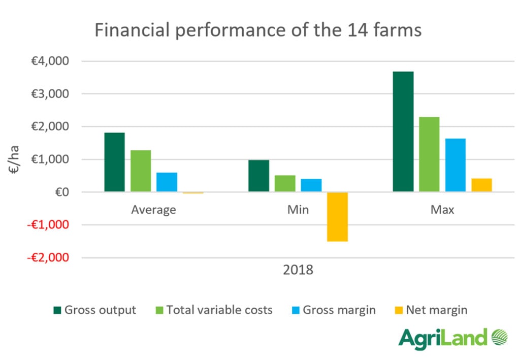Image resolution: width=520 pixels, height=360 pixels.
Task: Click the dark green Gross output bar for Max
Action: coord(403,132)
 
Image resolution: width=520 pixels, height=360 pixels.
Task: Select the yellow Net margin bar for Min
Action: coord(337,217)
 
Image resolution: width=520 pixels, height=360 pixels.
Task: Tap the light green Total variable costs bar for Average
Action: coord(141,171)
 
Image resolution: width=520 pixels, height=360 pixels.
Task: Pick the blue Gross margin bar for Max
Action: coord(455,165)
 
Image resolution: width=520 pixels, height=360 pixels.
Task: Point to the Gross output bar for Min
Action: coord(259,176)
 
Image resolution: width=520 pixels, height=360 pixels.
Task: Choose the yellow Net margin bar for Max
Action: coord(481,185)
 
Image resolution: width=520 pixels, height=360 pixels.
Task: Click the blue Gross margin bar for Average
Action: coord(167,182)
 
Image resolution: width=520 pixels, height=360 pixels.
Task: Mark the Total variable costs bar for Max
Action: coord(429,154)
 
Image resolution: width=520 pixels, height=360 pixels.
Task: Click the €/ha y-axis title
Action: coord(15,159)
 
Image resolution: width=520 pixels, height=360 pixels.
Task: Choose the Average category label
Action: coord(153,210)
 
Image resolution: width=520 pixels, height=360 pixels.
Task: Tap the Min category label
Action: coord(298,210)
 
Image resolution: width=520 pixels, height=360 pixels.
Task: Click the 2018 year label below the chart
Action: coord(298,269)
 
